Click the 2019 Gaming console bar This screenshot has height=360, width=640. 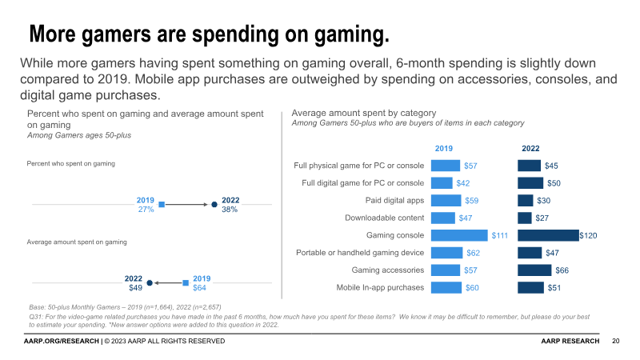(x=459, y=235)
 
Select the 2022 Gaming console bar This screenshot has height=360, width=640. (x=548, y=235)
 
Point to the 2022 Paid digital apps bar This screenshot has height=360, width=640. (x=526, y=200)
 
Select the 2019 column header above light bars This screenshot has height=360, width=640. (x=444, y=149)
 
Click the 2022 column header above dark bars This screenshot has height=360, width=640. (x=530, y=149)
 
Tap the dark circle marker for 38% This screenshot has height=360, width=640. (x=214, y=205)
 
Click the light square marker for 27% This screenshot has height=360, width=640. (x=162, y=205)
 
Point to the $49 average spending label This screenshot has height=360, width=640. (x=135, y=287)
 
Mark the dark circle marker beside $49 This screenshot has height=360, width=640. (x=150, y=282)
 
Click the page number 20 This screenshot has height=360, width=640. (x=616, y=342)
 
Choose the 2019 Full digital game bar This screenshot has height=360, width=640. (x=442, y=183)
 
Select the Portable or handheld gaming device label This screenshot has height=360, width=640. (x=360, y=253)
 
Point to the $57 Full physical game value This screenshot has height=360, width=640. (x=471, y=166)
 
